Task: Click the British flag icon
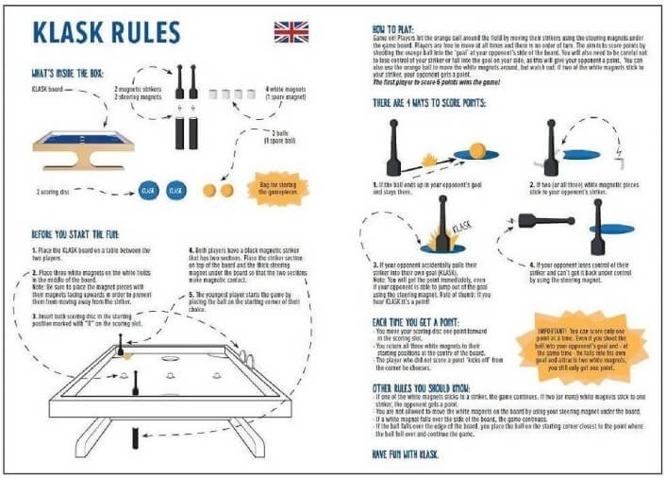[x=291, y=32]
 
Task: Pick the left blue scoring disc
[x=147, y=190]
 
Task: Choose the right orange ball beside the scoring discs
[x=226, y=190]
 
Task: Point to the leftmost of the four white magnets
[x=212, y=95]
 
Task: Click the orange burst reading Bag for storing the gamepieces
[x=275, y=187]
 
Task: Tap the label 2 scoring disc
[x=65, y=189]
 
